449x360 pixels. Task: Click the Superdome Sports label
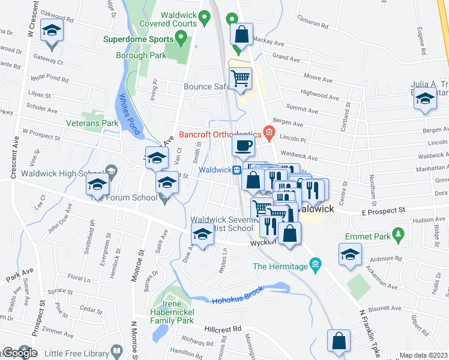coord(137,40)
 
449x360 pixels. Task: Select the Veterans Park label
coord(92,124)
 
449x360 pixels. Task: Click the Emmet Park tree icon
coord(396,234)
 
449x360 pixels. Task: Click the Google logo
coord(20,353)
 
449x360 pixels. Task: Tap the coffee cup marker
coord(244,145)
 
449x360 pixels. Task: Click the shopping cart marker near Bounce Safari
coord(240,78)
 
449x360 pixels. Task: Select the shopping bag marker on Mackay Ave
coord(241,34)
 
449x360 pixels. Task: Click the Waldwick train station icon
coord(238,170)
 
